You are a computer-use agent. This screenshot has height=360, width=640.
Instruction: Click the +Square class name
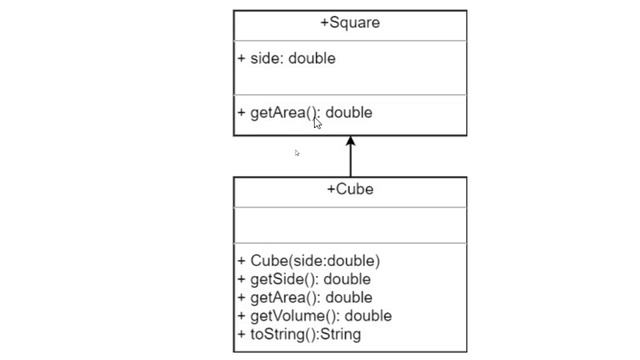coord(350,23)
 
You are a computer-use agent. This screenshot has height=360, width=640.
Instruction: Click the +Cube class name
coord(350,189)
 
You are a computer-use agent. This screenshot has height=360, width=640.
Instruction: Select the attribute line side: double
coord(286,58)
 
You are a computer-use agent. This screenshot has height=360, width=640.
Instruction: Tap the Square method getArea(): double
coord(305,112)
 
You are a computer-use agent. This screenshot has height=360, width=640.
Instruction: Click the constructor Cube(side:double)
coord(309,261)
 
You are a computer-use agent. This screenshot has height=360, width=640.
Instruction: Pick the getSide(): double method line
coord(304,279)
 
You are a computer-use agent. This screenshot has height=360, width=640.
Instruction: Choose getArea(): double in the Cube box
coord(305,297)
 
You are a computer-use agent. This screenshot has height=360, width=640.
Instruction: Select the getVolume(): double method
coord(315,316)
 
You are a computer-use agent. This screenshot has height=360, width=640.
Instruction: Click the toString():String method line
coord(299,334)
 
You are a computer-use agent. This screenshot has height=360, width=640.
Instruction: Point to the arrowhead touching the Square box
coord(350,142)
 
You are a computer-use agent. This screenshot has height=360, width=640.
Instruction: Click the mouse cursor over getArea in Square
coord(317,122)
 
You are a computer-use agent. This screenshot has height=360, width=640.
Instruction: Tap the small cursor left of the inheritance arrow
coord(297,153)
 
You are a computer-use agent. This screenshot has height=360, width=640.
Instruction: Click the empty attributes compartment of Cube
coord(350,224)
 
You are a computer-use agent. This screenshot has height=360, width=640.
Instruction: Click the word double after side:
coord(312,58)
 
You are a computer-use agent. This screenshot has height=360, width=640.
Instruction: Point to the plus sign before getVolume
coord(241,316)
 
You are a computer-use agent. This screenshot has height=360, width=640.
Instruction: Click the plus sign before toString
coord(241,334)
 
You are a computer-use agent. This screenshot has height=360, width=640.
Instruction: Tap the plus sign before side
coord(241,58)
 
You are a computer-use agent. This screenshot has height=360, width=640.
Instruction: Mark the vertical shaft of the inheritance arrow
coord(350,162)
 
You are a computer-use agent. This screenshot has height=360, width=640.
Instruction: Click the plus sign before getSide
coord(241,279)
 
